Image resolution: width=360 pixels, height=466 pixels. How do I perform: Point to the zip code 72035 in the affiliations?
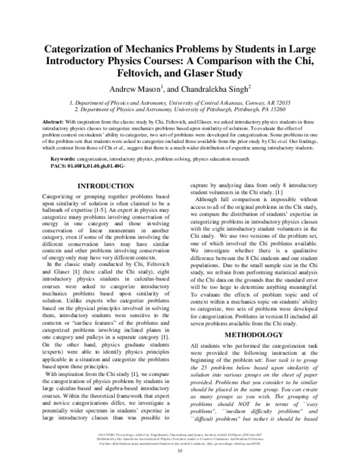pos(280,103)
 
